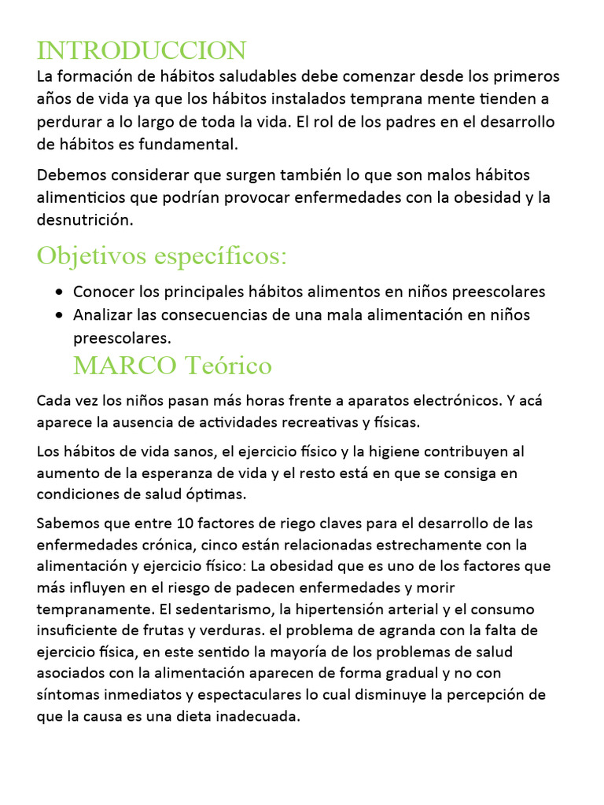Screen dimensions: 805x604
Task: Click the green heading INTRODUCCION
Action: (142, 51)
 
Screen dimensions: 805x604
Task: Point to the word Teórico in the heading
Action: (228, 366)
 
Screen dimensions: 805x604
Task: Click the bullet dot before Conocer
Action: (61, 292)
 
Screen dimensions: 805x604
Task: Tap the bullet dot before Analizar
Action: (61, 315)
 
